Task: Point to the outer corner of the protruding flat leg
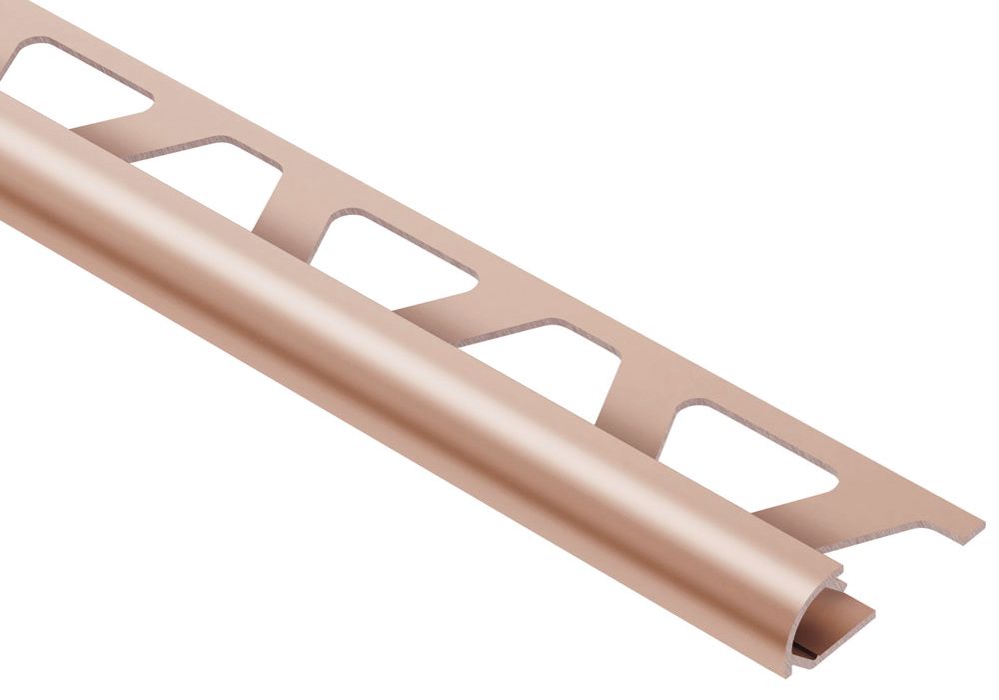(x=872, y=611)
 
